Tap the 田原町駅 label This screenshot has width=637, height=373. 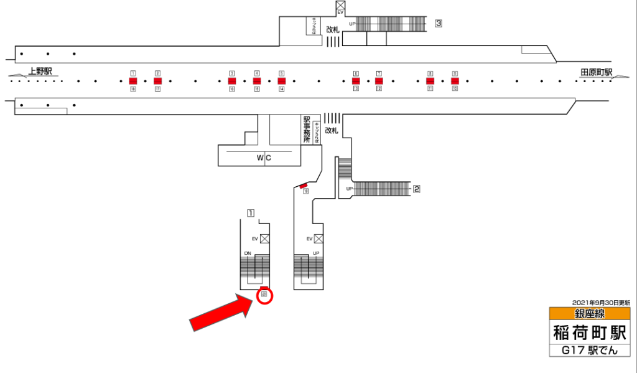(597, 72)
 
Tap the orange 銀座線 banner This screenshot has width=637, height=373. (590, 314)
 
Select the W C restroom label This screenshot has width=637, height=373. (264, 158)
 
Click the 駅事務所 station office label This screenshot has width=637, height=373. (306, 130)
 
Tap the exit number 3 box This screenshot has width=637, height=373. (439, 24)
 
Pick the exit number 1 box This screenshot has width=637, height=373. (251, 213)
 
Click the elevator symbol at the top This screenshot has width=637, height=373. (340, 8)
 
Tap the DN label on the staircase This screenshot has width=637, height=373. (247, 253)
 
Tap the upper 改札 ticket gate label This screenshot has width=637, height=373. (333, 29)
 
